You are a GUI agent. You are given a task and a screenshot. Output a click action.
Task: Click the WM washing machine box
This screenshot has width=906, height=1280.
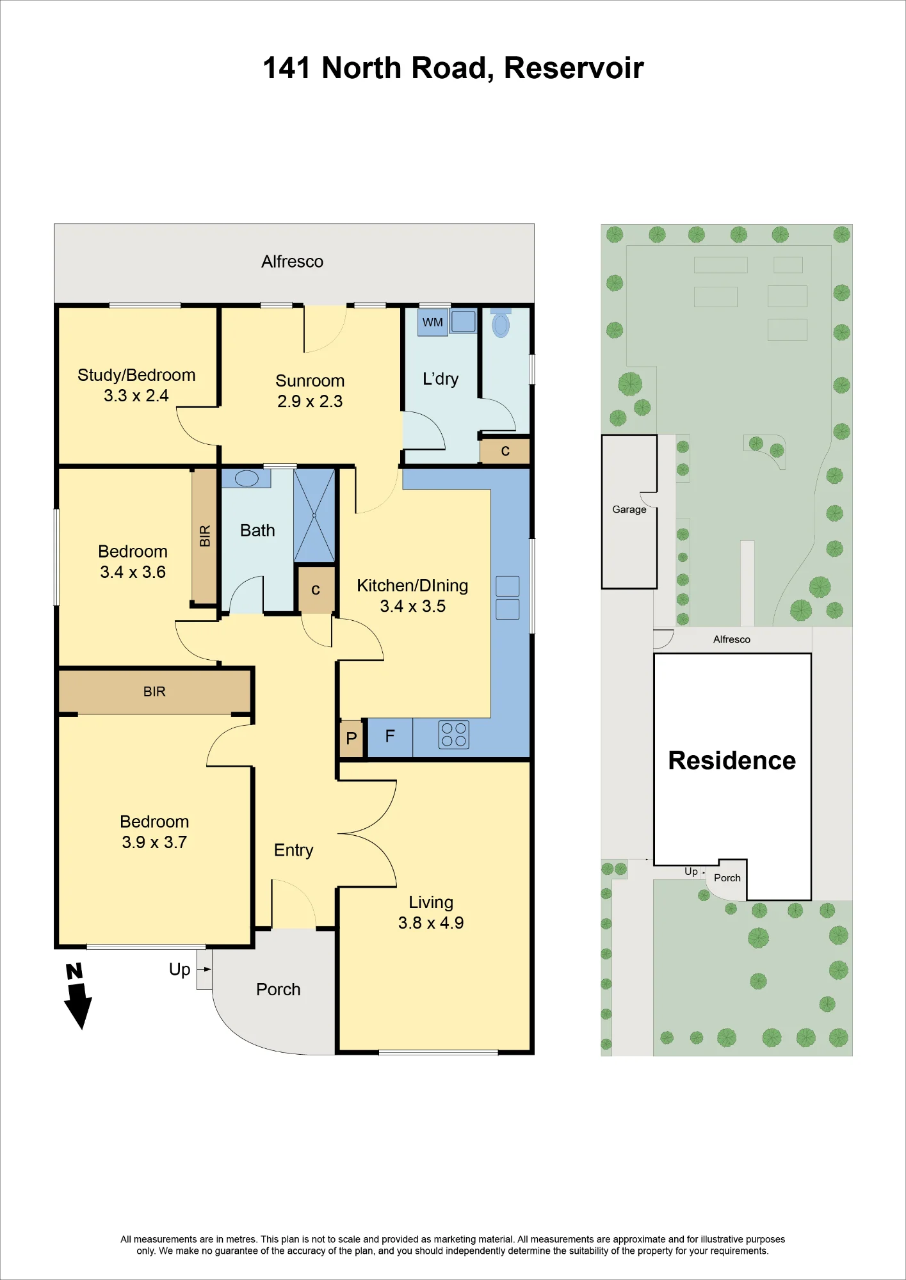[x=433, y=322]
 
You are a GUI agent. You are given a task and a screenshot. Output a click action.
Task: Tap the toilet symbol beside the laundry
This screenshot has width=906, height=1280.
[x=501, y=323]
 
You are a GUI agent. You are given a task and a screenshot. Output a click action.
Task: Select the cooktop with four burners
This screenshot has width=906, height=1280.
[x=454, y=735]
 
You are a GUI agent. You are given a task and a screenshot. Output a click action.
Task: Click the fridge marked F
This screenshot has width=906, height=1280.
[x=390, y=737]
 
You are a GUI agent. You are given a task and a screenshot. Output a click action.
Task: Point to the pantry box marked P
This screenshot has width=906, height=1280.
[x=351, y=739]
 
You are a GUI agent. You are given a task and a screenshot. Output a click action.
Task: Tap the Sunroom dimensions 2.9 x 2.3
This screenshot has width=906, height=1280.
[x=310, y=401]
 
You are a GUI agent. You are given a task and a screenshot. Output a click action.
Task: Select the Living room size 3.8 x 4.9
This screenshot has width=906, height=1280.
[x=431, y=923]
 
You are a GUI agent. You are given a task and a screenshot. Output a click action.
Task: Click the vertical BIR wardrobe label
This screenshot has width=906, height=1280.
[x=205, y=536]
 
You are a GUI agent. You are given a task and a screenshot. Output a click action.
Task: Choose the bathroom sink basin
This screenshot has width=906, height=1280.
[x=247, y=478]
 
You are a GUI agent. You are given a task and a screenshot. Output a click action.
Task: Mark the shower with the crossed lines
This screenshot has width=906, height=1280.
[x=314, y=516]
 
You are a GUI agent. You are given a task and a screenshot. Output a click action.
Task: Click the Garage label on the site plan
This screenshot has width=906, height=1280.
[x=629, y=509]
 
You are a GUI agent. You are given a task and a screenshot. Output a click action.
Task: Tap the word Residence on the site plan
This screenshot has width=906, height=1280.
[x=732, y=760]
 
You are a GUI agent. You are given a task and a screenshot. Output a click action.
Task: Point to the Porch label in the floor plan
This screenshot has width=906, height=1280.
[x=279, y=989]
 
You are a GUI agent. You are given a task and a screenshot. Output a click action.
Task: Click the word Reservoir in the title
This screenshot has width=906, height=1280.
[x=574, y=68]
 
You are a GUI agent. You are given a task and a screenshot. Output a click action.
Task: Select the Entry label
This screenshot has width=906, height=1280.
[x=294, y=851]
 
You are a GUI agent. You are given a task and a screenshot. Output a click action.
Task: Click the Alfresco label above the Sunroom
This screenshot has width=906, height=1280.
[x=292, y=261]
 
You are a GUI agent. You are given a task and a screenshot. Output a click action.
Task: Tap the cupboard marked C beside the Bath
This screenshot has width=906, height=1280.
[x=316, y=589]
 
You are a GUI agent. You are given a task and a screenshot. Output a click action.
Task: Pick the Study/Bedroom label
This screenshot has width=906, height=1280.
[x=136, y=375]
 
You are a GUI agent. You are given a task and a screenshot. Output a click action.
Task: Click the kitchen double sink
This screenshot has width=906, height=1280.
[x=507, y=598]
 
